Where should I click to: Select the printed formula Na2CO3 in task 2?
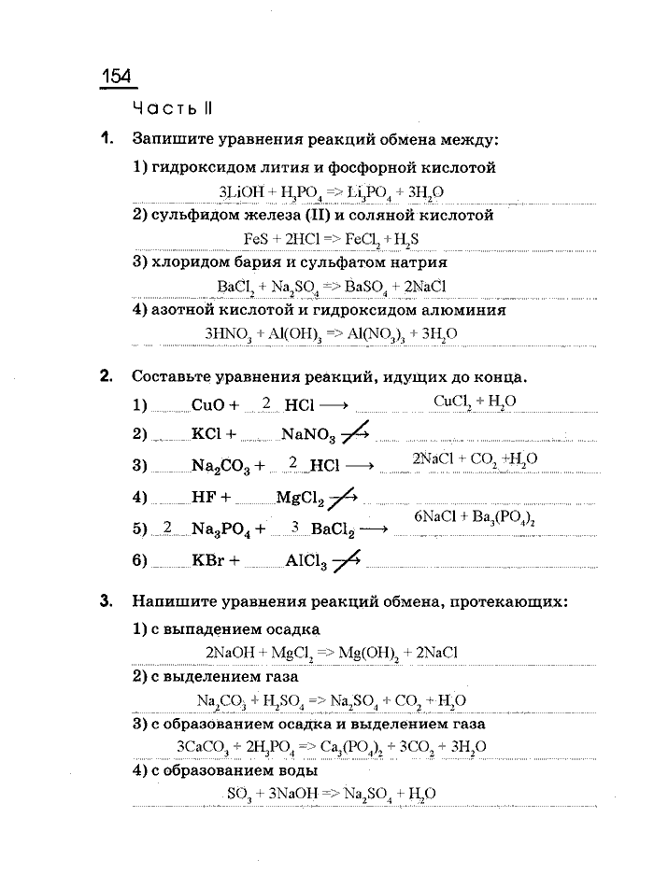(222, 465)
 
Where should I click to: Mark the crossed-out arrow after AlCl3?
(348, 560)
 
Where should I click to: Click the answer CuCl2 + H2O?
(476, 401)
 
